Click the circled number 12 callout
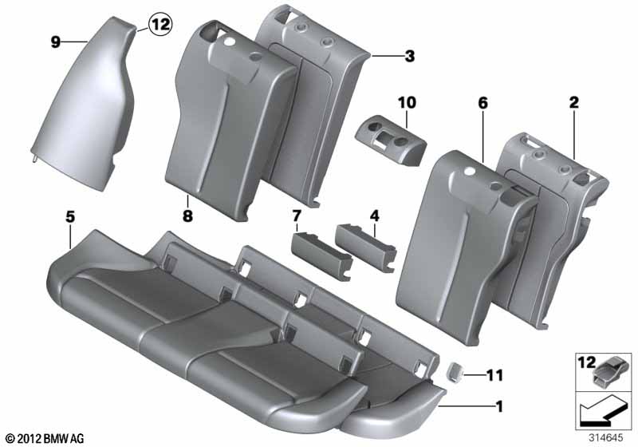[x=160, y=25]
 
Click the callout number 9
[x=56, y=42]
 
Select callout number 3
[x=410, y=56]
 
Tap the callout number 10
[x=407, y=103]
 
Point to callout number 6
[x=482, y=103]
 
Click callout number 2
[x=573, y=102]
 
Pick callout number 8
[x=187, y=216]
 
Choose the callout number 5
[x=70, y=217]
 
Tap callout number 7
[x=296, y=216]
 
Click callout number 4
[x=374, y=216]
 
